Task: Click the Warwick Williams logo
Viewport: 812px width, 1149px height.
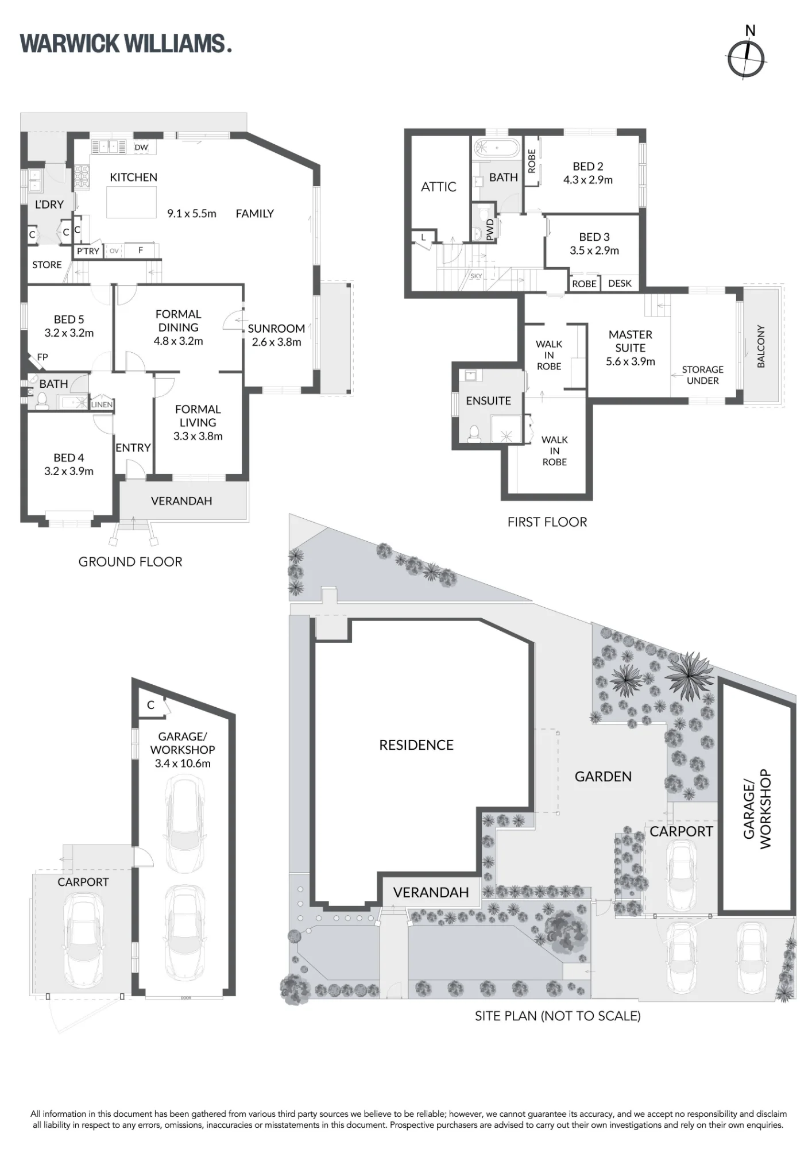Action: (126, 44)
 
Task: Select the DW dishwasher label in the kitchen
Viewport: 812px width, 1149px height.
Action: (141, 147)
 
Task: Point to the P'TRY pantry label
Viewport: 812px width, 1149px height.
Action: (88, 251)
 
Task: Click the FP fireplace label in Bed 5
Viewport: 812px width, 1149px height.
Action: (42, 357)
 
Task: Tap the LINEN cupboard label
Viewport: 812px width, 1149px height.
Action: (102, 404)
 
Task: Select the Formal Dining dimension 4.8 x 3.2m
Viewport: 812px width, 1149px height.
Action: (178, 341)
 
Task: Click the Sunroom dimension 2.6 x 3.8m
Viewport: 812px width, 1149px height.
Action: (276, 342)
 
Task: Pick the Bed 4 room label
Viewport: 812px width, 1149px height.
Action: (68, 458)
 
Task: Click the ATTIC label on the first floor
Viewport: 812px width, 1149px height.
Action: (439, 187)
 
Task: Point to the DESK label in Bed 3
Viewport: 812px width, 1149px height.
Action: (620, 283)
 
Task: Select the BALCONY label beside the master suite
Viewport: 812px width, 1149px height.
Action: (761, 346)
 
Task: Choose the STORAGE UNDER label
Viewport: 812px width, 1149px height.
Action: (702, 375)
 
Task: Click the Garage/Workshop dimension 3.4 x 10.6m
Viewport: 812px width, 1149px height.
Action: (183, 764)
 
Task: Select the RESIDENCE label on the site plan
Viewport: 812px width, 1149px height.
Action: (416, 745)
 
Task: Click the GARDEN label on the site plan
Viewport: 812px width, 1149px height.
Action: (603, 777)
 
